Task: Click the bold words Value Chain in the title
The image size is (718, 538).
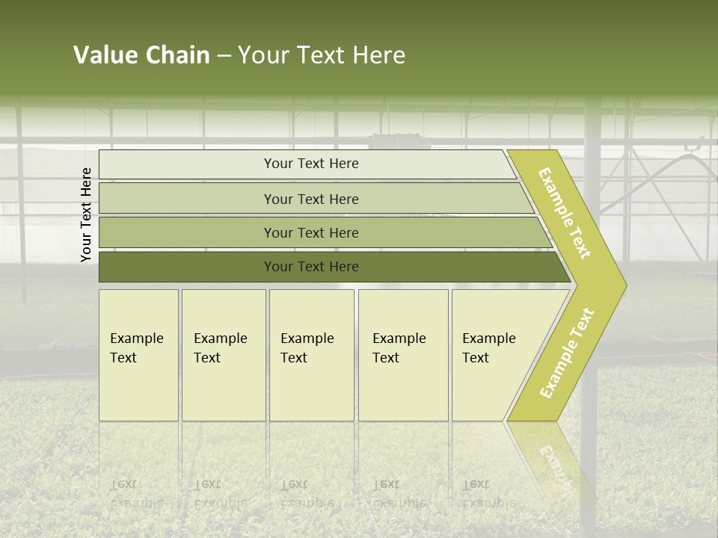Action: (x=141, y=55)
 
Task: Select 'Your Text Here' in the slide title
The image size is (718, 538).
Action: (x=322, y=55)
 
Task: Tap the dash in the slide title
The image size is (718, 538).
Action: (x=224, y=56)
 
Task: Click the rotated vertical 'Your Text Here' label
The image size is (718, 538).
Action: (x=86, y=214)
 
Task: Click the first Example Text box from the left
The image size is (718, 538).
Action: (x=138, y=355)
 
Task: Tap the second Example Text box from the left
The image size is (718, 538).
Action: (x=223, y=355)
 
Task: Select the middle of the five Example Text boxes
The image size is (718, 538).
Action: (x=311, y=355)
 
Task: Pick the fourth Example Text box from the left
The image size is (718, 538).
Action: (x=403, y=355)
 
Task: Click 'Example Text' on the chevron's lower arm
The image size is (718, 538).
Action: (x=567, y=353)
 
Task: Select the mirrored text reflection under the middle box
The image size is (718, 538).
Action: (x=307, y=493)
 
